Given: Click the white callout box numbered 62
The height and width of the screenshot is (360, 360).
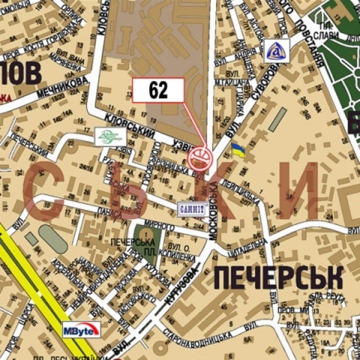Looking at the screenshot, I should (x=158, y=90).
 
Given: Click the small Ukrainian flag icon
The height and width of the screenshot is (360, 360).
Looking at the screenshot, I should (x=239, y=152).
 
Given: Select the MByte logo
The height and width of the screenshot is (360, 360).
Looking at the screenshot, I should (x=80, y=330).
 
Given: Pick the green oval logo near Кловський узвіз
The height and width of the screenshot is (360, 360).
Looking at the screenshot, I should (x=107, y=136).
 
